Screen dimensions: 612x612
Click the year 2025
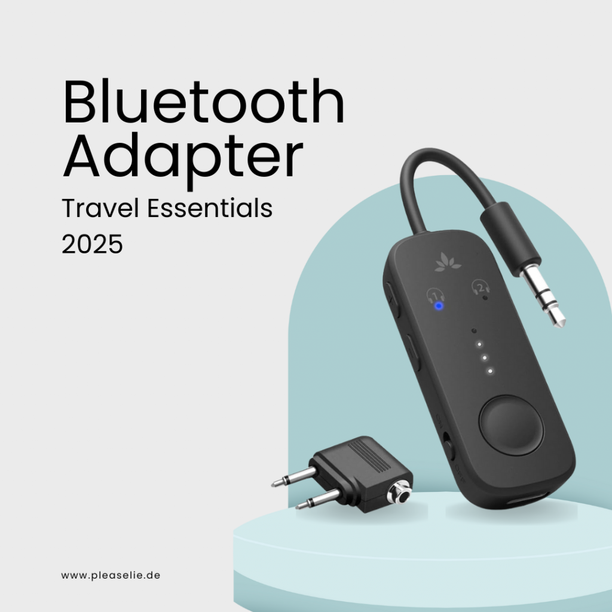[92, 244]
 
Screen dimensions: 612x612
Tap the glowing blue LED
[439, 306]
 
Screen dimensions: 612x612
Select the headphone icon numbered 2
[478, 287]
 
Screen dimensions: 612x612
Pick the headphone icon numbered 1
[434, 296]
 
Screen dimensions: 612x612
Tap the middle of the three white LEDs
[484, 357]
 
